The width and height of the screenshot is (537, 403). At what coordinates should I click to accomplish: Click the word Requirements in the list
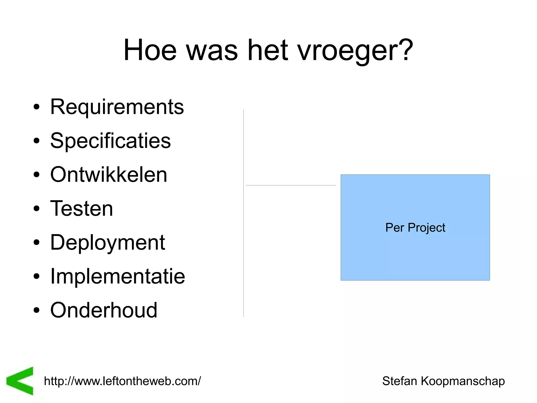(x=117, y=107)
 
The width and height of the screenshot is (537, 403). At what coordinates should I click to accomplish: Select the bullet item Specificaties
(x=110, y=141)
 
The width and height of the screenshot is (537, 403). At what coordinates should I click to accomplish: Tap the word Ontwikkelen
(x=109, y=175)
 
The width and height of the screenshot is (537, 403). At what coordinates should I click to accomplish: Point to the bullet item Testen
(x=82, y=208)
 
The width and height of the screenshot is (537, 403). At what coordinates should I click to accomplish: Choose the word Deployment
(x=108, y=242)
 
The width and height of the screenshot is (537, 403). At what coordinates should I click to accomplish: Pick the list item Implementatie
(x=117, y=276)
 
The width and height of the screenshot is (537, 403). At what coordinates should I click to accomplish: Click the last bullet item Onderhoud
(x=104, y=310)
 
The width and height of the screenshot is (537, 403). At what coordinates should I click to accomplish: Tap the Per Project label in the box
(x=415, y=227)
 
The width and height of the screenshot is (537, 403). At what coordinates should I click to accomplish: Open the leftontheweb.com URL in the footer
(x=122, y=381)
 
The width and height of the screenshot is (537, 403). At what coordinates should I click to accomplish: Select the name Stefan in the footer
(x=399, y=381)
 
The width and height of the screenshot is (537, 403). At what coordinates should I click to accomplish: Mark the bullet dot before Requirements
(x=36, y=107)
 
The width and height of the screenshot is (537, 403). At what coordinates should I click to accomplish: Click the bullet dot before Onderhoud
(x=36, y=310)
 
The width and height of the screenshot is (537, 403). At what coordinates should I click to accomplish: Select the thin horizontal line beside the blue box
(x=291, y=185)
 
